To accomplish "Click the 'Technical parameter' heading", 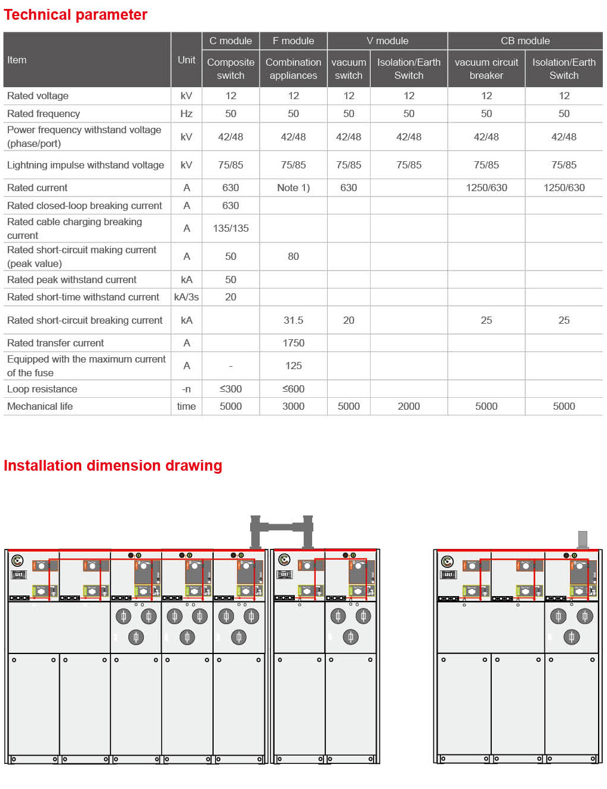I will (75, 15).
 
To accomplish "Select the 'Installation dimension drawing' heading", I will (113, 466).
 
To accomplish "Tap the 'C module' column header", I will (230, 41).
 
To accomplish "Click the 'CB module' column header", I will (525, 41).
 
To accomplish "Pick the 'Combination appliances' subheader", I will (293, 69).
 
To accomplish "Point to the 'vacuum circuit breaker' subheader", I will (486, 69).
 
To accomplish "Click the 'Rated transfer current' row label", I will (56, 343).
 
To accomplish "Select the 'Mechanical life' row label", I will (40, 406).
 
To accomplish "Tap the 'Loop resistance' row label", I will (42, 389).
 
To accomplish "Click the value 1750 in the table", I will (293, 343).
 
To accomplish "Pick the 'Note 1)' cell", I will (293, 188).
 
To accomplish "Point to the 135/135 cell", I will (230, 228).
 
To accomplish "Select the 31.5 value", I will (293, 320).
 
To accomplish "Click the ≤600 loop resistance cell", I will (293, 389).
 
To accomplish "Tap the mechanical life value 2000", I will (409, 406).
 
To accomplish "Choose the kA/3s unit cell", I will (186, 297).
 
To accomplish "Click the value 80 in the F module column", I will (293, 256).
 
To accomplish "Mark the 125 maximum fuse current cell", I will (293, 366).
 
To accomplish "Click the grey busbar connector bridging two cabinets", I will (282, 527).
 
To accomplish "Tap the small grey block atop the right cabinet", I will (583, 539).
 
